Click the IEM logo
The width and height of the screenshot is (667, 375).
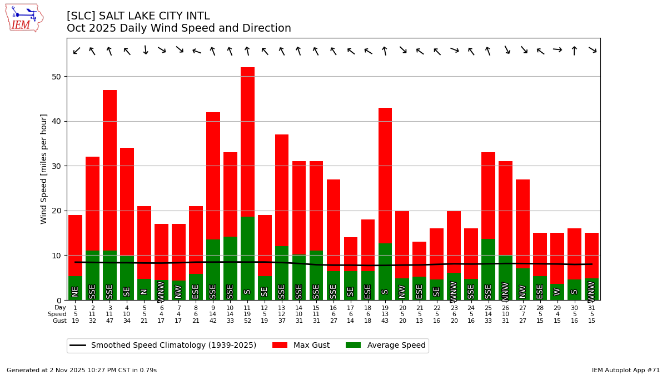[x=24, y=18]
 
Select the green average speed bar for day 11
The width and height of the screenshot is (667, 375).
[x=247, y=250]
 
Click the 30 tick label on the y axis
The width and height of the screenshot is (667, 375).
[x=57, y=166]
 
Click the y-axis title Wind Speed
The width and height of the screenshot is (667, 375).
[x=44, y=169]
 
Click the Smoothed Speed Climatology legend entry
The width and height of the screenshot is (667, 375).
[x=163, y=346]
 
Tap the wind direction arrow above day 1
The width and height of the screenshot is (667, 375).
[x=76, y=51]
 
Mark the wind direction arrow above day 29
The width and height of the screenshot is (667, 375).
[x=557, y=50]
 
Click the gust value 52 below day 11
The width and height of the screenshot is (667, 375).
[x=247, y=321]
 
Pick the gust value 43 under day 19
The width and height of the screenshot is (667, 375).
[x=385, y=321]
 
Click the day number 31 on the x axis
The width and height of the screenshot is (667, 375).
[x=591, y=308]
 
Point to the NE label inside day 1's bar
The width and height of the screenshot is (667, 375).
[x=75, y=291]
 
